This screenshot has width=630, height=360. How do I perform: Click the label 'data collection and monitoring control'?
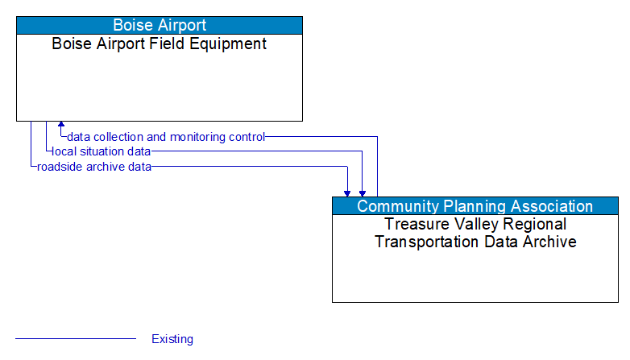click(x=166, y=137)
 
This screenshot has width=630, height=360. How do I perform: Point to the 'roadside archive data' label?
click(x=93, y=167)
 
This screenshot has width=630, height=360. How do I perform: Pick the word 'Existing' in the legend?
click(x=172, y=339)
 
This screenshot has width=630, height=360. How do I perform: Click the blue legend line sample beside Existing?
click(x=76, y=339)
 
